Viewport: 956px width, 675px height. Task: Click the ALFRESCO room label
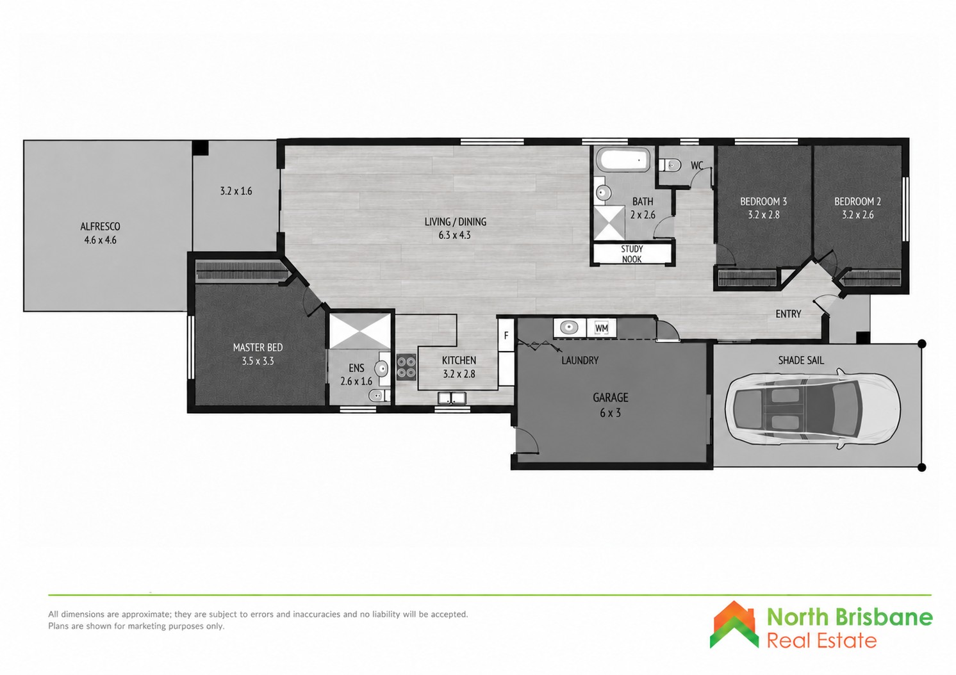coord(101,226)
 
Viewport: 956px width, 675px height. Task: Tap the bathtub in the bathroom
coord(623,160)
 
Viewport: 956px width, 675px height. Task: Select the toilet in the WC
coord(670,165)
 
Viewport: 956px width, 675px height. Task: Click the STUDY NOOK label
coord(632,254)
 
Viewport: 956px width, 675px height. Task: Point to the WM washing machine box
coord(601,328)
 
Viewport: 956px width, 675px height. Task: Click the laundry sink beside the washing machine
coord(569,328)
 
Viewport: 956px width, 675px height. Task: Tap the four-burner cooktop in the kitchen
coord(406,368)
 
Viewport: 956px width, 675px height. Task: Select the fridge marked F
coord(506,336)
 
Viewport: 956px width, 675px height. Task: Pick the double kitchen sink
coord(452,398)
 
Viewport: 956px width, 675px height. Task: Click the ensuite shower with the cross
coord(361,332)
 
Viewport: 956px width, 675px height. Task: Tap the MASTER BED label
coord(258,347)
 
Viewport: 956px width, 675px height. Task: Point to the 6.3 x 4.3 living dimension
coord(454,235)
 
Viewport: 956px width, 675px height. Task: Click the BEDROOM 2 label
coord(857,201)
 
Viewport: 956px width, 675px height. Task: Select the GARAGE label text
coord(610,398)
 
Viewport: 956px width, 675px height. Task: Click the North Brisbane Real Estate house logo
coord(734,624)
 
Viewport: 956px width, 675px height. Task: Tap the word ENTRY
coord(788,314)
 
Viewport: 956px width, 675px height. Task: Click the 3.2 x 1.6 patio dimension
coord(236,191)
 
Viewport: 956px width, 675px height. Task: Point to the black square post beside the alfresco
coord(200,148)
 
